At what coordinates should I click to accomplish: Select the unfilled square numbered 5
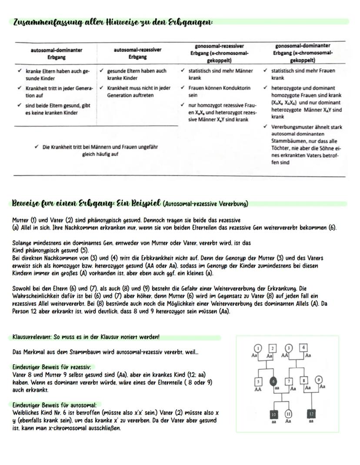pos(258,381)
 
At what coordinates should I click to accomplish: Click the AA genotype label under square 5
pos(258,390)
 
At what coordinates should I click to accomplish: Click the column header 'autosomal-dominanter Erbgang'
pos(57,54)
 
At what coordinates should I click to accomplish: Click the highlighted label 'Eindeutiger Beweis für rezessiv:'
pos(54,367)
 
